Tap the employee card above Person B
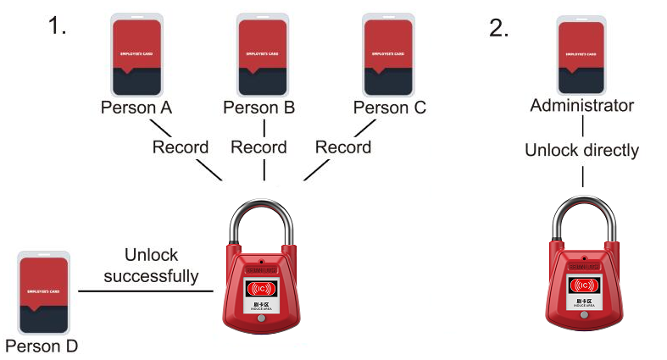(264, 54)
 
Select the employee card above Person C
(388, 54)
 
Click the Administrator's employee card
(581, 54)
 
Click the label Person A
(136, 108)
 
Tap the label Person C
(389, 108)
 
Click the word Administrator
(581, 106)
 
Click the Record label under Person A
(180, 147)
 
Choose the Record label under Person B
(259, 147)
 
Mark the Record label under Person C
(343, 147)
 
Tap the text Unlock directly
(581, 151)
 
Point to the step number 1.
(57, 27)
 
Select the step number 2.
(499, 27)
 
